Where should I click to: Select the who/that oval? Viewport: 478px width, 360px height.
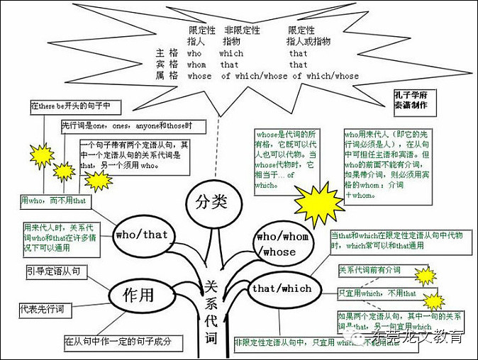pyautogui.click(x=141, y=235)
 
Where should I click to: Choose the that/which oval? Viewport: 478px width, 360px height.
pyautogui.click(x=282, y=288)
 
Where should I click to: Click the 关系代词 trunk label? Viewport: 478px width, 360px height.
pyautogui.click(x=211, y=310)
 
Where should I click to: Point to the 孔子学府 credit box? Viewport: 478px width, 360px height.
pyautogui.click(x=411, y=100)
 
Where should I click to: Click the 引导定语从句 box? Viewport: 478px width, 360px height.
pyautogui.click(x=52, y=271)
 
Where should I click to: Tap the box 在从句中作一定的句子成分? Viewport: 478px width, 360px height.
pyautogui.click(x=118, y=342)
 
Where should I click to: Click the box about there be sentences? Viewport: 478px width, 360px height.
pyautogui.click(x=75, y=107)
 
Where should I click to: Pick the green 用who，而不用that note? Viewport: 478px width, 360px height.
pyautogui.click(x=54, y=201)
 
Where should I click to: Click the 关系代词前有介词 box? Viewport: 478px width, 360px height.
pyautogui.click(x=369, y=270)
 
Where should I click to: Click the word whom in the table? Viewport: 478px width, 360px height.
pyautogui.click(x=196, y=64)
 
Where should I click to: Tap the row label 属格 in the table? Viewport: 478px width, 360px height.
pyautogui.click(x=165, y=76)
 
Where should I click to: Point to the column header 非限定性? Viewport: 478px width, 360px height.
pyautogui.click(x=242, y=31)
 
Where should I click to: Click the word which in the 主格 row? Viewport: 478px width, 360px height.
pyautogui.click(x=231, y=53)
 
